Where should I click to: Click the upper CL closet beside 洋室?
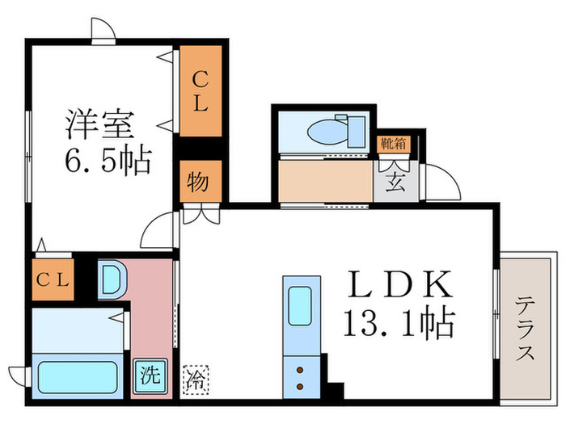[x=200, y=91]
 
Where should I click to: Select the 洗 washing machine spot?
[x=149, y=375]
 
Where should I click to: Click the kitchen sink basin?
[x=301, y=306]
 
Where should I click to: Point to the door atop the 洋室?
[x=103, y=31]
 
